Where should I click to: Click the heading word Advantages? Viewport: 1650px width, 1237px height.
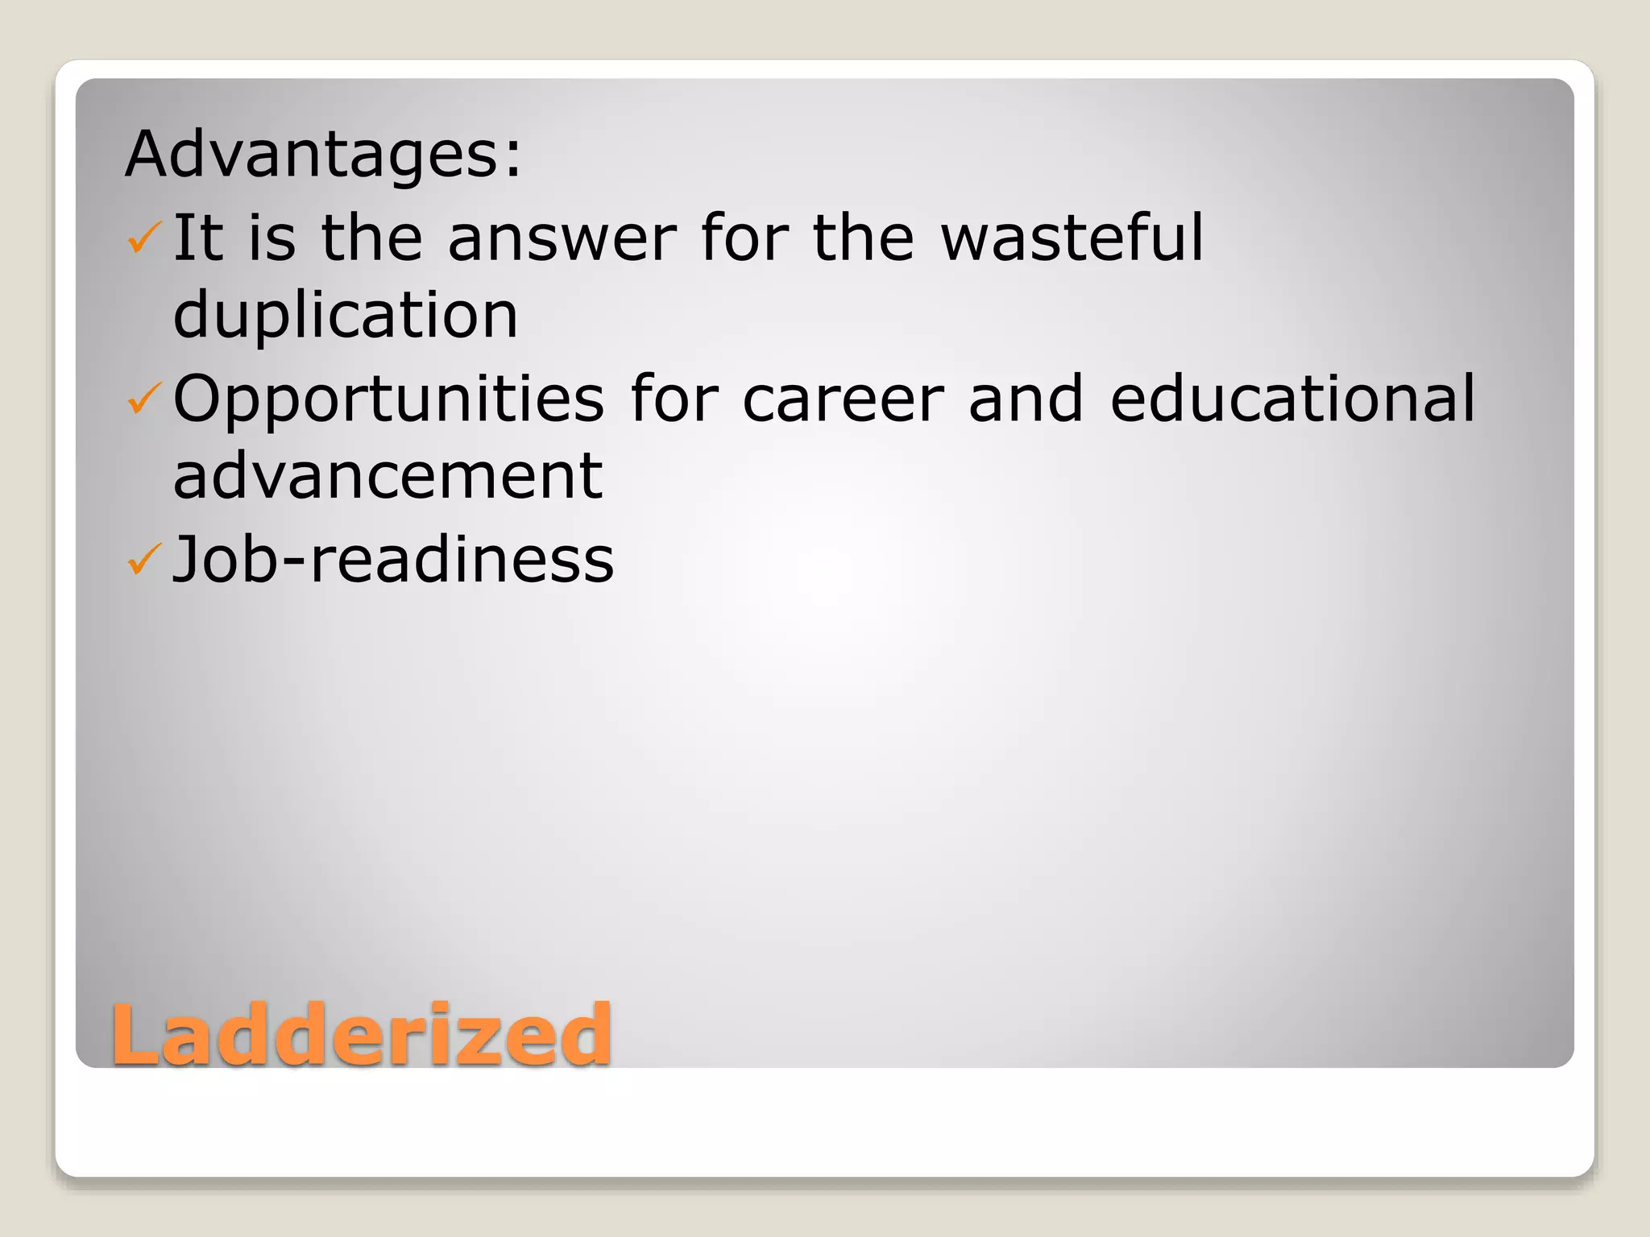click(314, 154)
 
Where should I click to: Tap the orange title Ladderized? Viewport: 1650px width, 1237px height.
click(361, 1034)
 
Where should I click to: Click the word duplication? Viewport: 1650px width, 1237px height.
click(346, 315)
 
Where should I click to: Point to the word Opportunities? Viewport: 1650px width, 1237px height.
click(388, 400)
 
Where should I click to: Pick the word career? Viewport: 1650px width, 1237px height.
click(843, 400)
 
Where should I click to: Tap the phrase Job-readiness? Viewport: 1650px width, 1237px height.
click(393, 559)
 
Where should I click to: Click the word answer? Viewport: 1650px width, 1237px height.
click(562, 238)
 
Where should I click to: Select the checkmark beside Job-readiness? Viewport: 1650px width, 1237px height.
click(144, 560)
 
